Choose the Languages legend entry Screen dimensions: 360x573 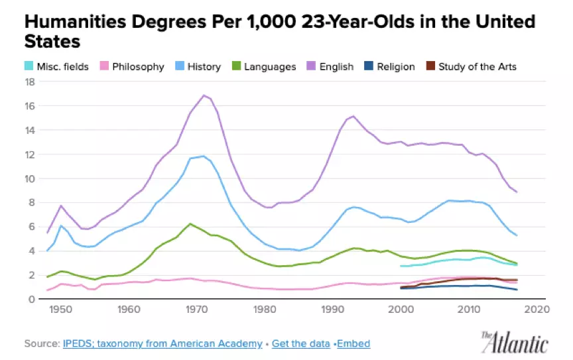pos(264,66)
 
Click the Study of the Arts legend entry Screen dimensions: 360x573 pos(472,66)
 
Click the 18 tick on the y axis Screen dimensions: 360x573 pos(30,82)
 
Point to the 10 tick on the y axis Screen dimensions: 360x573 pos(30,179)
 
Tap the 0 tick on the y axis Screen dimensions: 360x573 pos(32,299)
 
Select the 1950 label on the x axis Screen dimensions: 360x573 pos(60,310)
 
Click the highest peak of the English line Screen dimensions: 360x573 pos(204,95)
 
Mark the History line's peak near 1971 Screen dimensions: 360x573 pos(203,156)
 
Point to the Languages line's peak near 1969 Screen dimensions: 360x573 pos(190,223)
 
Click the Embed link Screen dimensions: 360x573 pos(354,343)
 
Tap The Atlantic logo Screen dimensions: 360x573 pos(515,343)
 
